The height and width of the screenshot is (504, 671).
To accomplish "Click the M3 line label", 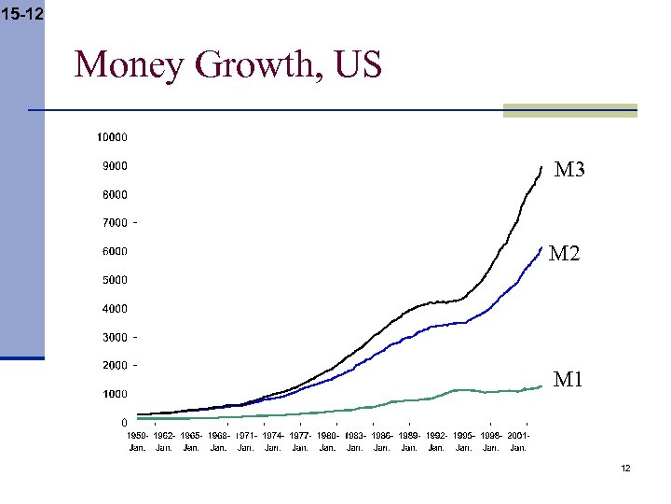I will (569, 170).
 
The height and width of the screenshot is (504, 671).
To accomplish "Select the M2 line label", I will (564, 253).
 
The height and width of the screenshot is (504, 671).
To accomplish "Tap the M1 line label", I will (568, 379).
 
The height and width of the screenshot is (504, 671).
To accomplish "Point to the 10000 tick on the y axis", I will (113, 137).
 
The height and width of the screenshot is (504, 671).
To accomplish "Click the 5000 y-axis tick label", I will (115, 280).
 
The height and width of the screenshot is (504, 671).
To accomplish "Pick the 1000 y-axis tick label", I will (115, 394).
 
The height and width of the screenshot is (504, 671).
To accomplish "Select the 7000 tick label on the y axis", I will (115, 223).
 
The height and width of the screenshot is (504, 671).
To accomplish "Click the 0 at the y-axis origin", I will (125, 423).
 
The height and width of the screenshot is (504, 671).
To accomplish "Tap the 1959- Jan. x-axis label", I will (137, 441).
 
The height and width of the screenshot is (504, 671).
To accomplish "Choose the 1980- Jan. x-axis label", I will (327, 441).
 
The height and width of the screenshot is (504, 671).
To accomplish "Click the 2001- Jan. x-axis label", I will (518, 441).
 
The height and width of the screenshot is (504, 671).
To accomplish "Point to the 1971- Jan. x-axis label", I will (246, 441).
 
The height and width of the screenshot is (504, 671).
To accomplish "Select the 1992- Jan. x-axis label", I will (436, 441).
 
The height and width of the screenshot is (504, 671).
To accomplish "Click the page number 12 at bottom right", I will (625, 468).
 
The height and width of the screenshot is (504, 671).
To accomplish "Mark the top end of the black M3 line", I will (541, 167).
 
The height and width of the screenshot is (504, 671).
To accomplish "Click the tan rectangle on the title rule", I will (569, 110).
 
